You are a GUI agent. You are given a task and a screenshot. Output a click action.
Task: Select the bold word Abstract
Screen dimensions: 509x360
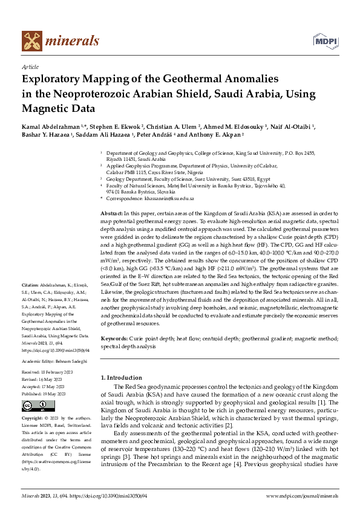pos(111,214)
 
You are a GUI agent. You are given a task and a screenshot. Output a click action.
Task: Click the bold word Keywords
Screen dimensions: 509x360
pos(114,340)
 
